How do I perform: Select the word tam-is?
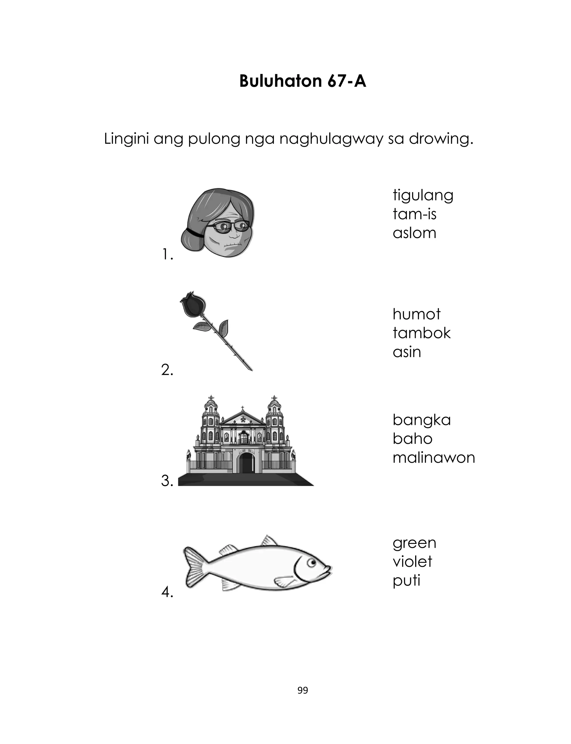click(414, 214)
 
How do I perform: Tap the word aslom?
click(414, 233)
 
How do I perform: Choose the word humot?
click(416, 314)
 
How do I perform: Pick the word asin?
click(407, 352)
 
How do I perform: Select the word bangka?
click(422, 421)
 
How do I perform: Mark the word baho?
click(412, 439)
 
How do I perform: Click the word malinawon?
click(434, 458)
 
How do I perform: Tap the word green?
click(414, 544)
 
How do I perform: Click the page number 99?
click(303, 690)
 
